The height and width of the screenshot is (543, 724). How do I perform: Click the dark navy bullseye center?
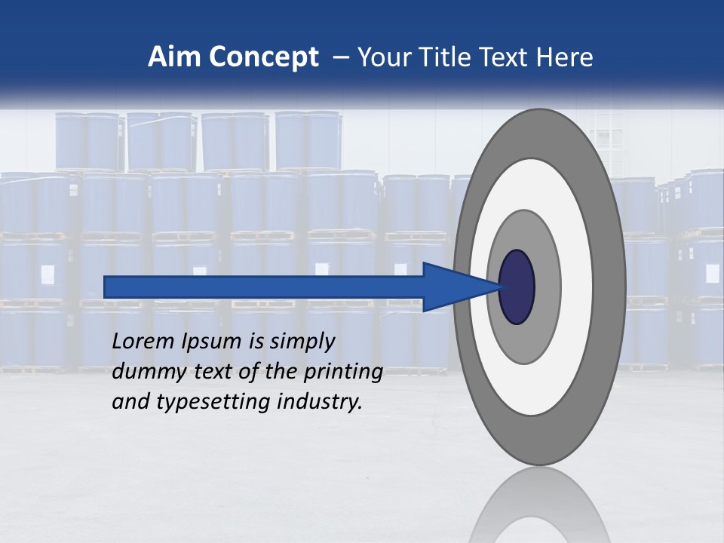[x=517, y=287]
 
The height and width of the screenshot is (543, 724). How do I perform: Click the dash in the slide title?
[x=339, y=58]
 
